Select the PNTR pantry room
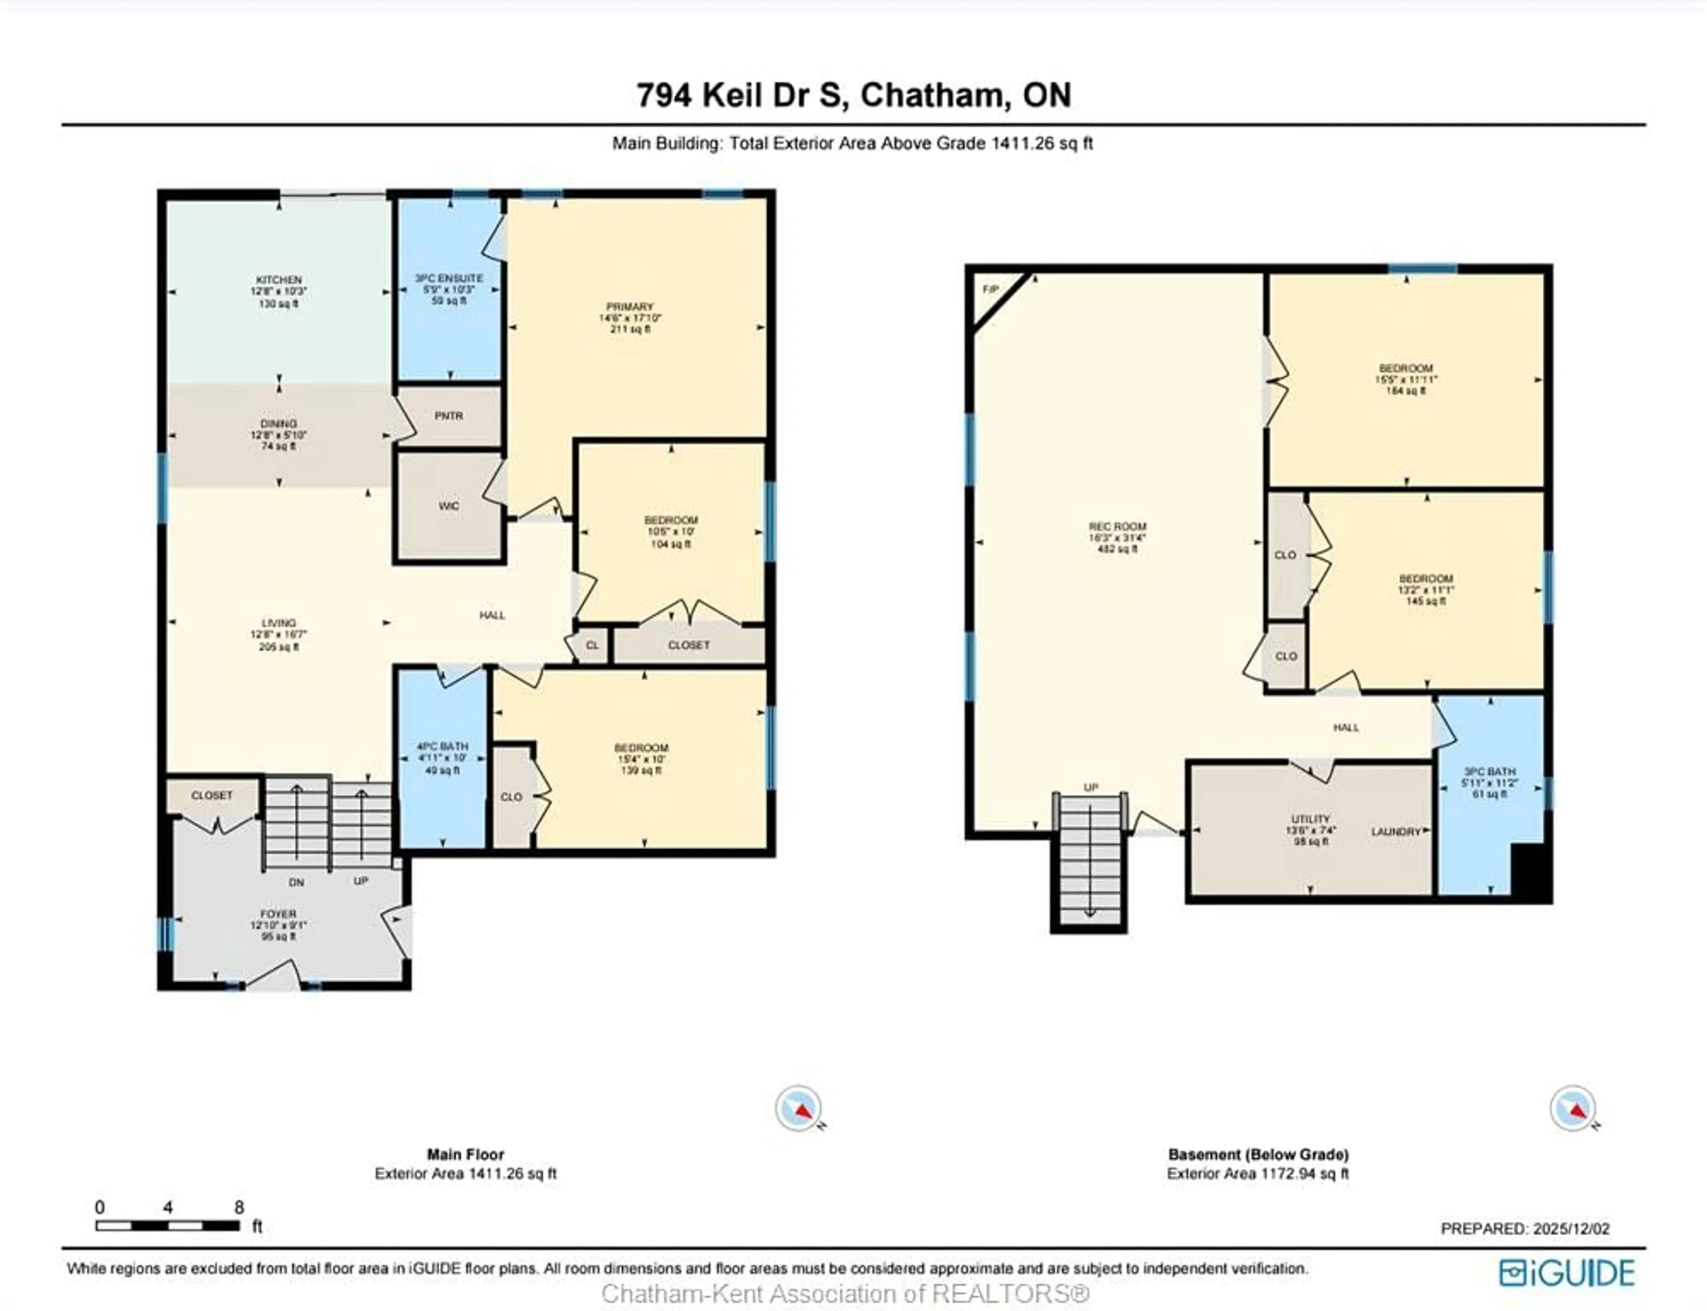449,417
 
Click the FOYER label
279,914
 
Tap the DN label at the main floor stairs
297,882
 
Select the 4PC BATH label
442,747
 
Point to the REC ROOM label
1117,527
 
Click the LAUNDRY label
1396,832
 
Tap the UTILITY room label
1310,819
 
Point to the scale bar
168,1226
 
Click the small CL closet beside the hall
592,645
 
